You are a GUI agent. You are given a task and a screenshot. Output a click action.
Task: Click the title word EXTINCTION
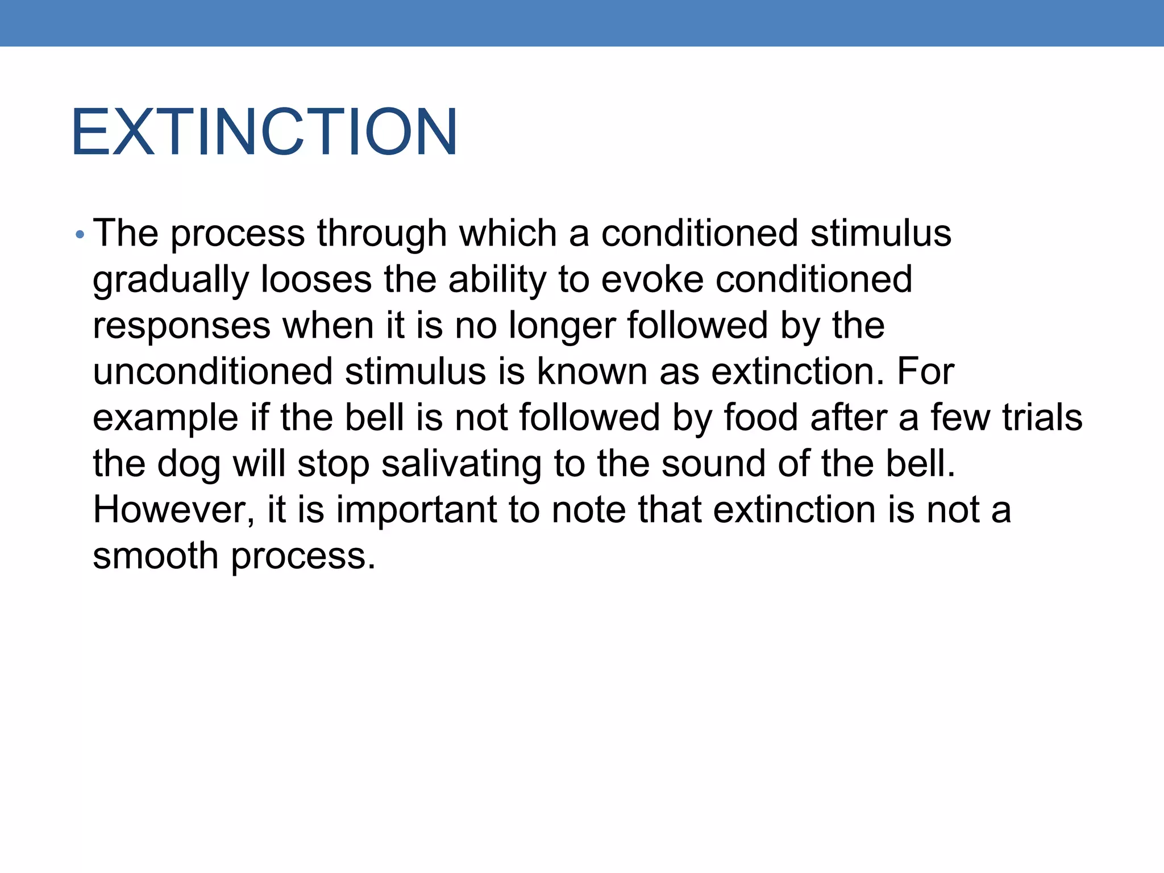[x=264, y=132]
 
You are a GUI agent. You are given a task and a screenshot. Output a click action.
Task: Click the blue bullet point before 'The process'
[x=80, y=234]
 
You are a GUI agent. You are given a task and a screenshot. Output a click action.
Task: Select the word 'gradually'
[x=171, y=280]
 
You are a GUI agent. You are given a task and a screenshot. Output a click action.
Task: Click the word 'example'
[x=165, y=418]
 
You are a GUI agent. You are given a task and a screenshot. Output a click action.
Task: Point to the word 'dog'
[x=188, y=464]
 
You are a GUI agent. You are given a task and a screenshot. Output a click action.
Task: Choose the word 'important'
[x=417, y=509]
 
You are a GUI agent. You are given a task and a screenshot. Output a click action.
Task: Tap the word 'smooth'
[x=155, y=555]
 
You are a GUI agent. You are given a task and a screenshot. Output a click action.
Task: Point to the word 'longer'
[x=562, y=326]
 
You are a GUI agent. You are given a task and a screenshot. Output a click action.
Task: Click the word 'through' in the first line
[x=382, y=234]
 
